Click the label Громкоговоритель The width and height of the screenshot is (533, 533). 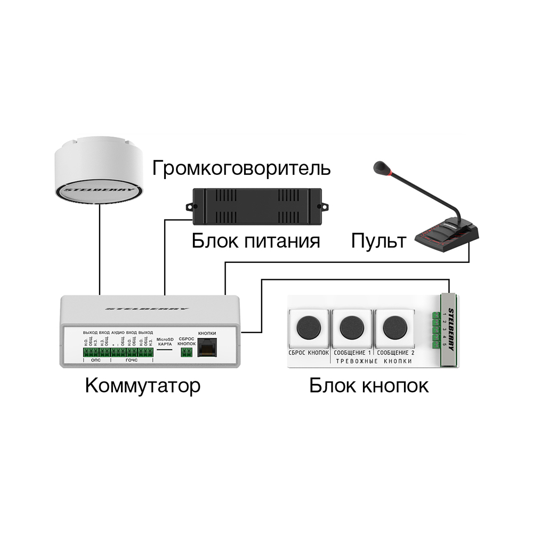pyautogui.click(x=241, y=168)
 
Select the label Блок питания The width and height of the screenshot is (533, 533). pyautogui.click(x=256, y=241)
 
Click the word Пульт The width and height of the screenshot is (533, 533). pyautogui.click(x=378, y=241)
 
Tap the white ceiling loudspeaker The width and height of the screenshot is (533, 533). pyautogui.click(x=99, y=173)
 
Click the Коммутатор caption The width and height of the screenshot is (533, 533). pyautogui.click(x=143, y=385)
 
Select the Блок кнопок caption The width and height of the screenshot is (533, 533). pyautogui.click(x=369, y=385)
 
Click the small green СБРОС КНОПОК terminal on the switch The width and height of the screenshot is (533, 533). pyautogui.click(x=186, y=352)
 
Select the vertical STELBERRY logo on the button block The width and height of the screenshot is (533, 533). pyautogui.click(x=451, y=329)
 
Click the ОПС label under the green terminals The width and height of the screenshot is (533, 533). pyautogui.click(x=96, y=361)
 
